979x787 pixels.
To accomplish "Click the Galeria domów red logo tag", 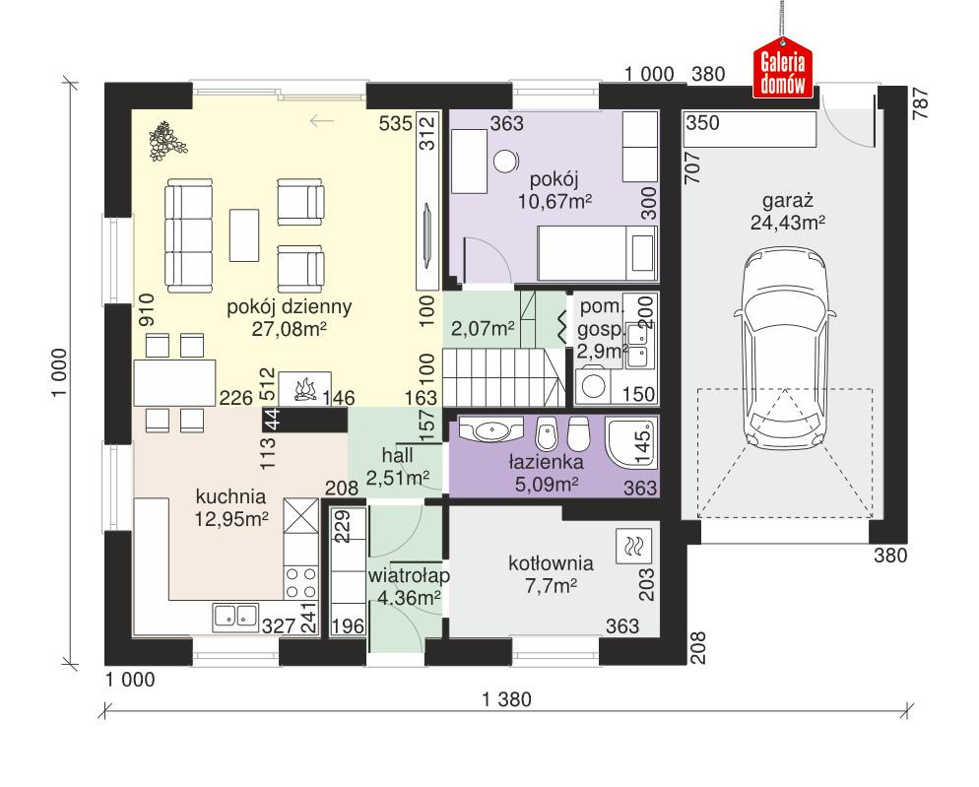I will pos(784,71).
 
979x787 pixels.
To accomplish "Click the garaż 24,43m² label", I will pos(785,214).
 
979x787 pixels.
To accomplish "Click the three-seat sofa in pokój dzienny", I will pos(188,234).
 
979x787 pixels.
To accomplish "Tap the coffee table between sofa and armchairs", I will pos(244,234).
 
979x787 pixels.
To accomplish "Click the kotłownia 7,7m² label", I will pos(551,574).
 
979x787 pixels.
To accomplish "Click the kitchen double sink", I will pos(234,616).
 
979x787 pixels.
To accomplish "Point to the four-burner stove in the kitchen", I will pos(300,581).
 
